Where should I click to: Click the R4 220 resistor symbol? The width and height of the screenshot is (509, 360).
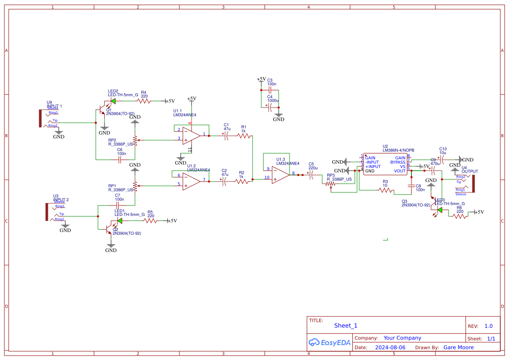144,101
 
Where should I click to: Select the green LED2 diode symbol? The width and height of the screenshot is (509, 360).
113,101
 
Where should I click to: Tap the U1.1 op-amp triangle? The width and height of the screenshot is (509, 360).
191,135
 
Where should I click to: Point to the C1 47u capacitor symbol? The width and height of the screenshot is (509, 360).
226,136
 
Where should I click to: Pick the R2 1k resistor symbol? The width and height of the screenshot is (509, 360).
242,182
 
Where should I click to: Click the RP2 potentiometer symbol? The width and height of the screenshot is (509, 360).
135,140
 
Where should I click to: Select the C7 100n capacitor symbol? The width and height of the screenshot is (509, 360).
117,205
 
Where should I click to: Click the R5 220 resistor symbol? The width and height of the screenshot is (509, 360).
151,221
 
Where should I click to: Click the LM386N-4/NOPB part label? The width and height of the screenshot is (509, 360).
398,150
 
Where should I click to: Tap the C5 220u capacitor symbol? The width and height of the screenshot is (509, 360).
311,175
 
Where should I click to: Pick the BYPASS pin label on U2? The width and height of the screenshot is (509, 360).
398,162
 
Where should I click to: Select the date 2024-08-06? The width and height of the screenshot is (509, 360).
390,347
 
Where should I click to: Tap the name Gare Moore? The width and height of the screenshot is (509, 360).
458,347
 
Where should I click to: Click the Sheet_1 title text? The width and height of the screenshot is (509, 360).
346,326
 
